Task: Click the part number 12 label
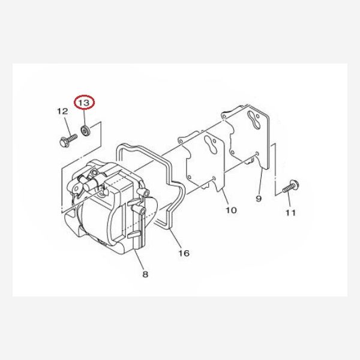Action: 62,112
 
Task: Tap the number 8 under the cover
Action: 145,275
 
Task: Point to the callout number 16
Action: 184,253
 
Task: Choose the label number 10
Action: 231,210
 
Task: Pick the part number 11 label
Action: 290,212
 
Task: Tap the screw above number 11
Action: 290,186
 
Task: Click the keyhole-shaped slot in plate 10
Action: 209,145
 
